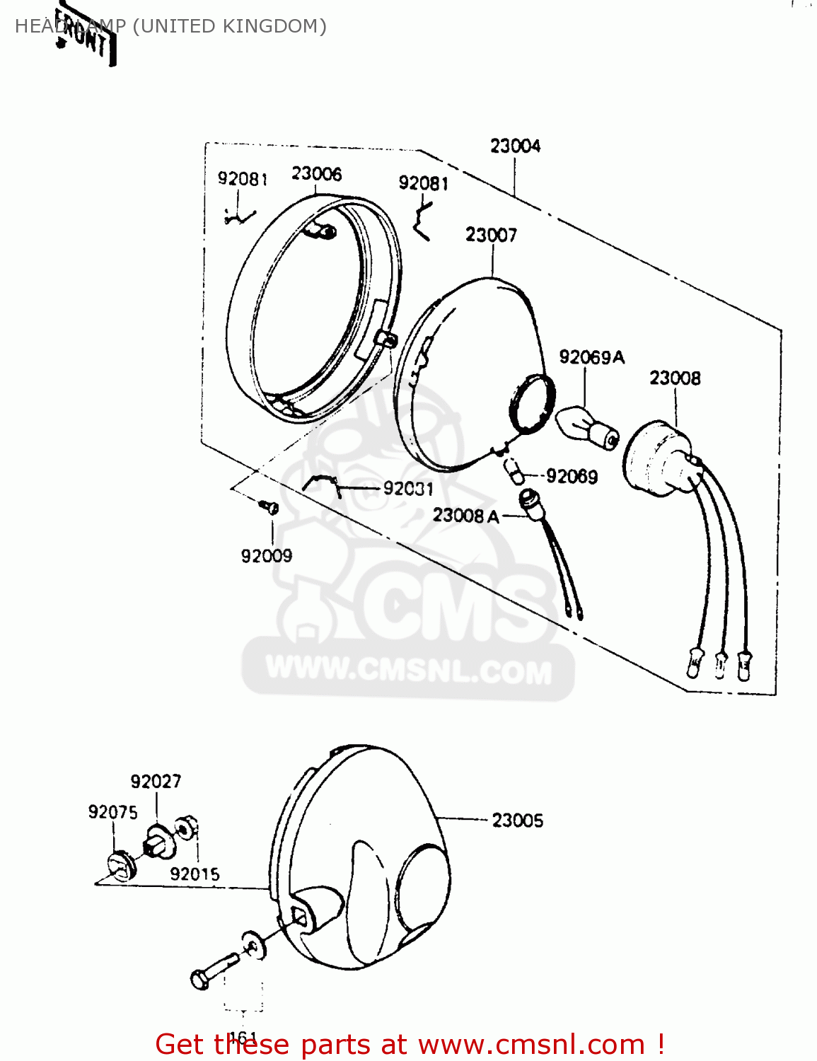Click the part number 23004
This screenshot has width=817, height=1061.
tap(515, 146)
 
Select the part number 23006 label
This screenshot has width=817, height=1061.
tap(316, 173)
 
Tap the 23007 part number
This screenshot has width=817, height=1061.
tap(491, 234)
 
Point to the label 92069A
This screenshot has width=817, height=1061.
tap(591, 357)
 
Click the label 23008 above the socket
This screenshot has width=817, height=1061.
tap(675, 378)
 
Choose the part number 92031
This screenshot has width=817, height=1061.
tap(408, 488)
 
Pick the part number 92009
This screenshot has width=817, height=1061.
tap(266, 556)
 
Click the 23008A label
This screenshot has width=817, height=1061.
tap(465, 515)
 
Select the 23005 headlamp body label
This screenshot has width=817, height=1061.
tap(517, 821)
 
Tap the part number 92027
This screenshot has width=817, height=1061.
tap(156, 781)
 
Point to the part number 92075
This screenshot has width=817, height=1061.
tap(112, 812)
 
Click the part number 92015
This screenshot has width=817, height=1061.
tap(195, 874)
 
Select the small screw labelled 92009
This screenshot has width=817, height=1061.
tap(269, 506)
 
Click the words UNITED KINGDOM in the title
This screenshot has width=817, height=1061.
tap(230, 26)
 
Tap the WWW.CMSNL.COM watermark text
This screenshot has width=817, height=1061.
tap(408, 670)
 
